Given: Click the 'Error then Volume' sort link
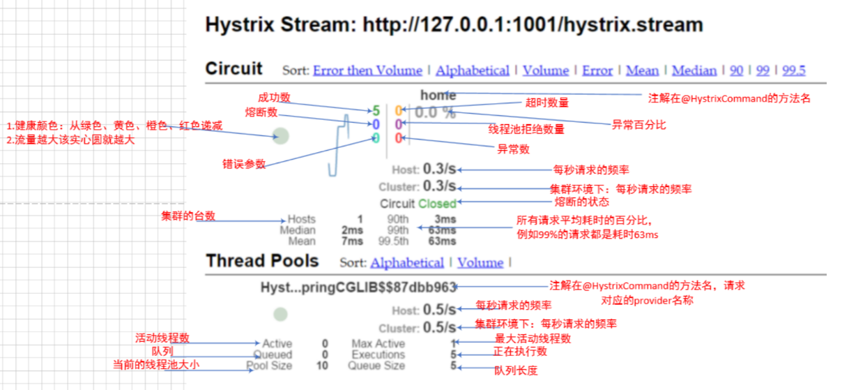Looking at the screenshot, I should (x=367, y=70).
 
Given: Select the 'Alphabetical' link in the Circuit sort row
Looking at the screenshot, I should (x=473, y=70).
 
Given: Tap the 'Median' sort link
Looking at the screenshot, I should (x=694, y=70).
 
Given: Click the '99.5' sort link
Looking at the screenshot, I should (x=793, y=70).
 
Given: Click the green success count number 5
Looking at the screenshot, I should (x=376, y=111).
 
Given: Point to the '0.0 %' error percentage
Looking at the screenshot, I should (x=435, y=112).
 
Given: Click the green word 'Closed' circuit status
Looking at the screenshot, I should (x=437, y=204).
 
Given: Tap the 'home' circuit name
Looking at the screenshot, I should (x=438, y=96).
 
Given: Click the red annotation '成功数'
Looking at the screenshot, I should (x=274, y=97).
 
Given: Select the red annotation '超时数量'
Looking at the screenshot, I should (x=547, y=103).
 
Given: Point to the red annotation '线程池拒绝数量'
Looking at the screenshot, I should (x=526, y=128).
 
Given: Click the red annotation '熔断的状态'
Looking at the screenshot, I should (x=581, y=202).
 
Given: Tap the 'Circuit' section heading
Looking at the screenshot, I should (x=234, y=69).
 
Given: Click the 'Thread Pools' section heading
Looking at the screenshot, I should (x=262, y=262).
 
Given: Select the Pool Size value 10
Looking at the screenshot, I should (x=321, y=366).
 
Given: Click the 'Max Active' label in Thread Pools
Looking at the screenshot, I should (x=378, y=344).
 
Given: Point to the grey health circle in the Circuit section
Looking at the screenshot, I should (x=281, y=136).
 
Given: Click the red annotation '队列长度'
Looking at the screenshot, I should (x=516, y=370).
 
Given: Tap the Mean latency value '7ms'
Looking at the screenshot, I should (x=352, y=241).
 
